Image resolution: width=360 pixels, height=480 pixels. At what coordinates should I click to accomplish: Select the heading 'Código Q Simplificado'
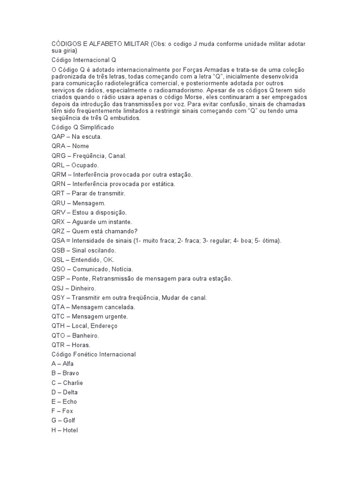[x=82, y=127]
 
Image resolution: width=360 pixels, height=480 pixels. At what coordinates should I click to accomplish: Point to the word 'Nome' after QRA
[x=81, y=146]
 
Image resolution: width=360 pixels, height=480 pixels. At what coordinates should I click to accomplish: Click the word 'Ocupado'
[x=85, y=165]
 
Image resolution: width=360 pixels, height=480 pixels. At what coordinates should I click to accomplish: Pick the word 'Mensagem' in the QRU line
[x=89, y=203]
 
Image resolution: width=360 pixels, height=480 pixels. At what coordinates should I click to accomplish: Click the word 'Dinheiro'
[x=83, y=288]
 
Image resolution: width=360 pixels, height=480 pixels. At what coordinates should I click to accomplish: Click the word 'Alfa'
[x=68, y=363]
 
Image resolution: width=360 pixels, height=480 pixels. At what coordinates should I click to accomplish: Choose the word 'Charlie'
[x=73, y=382]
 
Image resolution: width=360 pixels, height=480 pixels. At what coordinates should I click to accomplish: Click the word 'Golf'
[x=68, y=420]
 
